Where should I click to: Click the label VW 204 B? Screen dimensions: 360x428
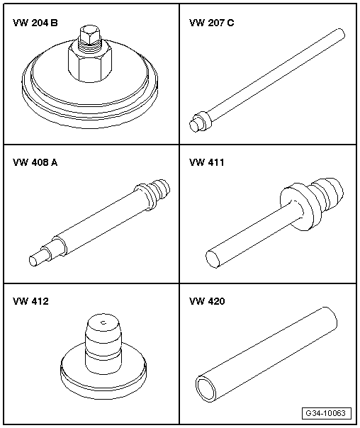click(x=35, y=23)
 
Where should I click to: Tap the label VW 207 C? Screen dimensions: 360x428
click(x=211, y=23)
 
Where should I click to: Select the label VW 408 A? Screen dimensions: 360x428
click(x=35, y=162)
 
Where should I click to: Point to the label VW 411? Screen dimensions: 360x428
click(x=207, y=162)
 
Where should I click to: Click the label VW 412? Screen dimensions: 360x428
click(x=30, y=301)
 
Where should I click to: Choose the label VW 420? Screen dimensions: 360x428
click(x=207, y=301)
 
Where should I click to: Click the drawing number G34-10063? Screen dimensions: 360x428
click(x=327, y=413)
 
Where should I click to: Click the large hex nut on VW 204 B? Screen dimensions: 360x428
click(x=90, y=63)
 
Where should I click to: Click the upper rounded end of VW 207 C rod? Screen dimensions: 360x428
click(x=340, y=33)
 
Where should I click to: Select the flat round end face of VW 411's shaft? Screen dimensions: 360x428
click(x=213, y=259)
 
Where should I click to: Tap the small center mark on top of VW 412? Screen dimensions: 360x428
click(x=103, y=323)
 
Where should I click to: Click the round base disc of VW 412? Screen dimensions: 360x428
click(x=103, y=375)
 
